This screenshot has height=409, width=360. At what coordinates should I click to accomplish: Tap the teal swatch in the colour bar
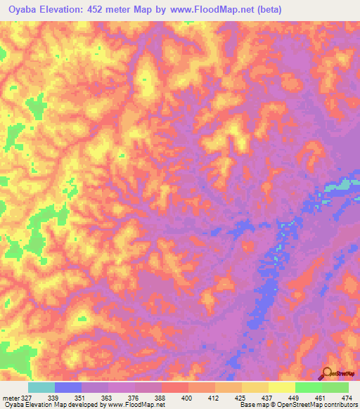click(x=41, y=387)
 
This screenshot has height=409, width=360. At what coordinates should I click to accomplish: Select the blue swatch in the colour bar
click(x=68, y=387)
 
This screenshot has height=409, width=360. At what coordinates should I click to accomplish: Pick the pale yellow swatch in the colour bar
click(x=282, y=387)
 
